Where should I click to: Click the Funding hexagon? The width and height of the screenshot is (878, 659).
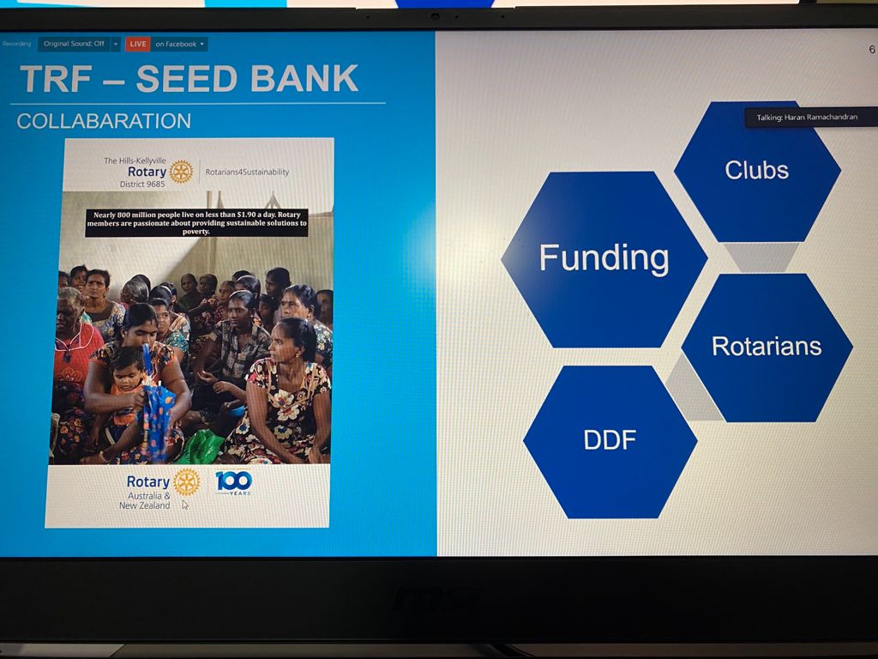[604, 259]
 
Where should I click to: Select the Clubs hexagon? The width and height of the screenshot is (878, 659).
[757, 171]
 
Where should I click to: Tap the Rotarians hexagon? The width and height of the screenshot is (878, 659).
[767, 347]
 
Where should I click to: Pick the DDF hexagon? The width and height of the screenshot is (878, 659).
[610, 441]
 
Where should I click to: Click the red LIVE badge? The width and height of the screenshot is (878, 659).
[138, 45]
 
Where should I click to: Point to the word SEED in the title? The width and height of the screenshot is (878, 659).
[188, 78]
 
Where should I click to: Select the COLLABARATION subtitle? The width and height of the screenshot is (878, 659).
[104, 121]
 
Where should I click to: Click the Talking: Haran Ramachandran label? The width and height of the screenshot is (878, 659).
[807, 117]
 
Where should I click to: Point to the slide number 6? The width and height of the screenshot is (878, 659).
[871, 49]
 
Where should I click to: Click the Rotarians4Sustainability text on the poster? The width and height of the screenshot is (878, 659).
[247, 172]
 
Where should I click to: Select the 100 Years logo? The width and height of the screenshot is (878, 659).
[234, 482]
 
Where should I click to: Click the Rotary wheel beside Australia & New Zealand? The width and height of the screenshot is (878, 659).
[186, 482]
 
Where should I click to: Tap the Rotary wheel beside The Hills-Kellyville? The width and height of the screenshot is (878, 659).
[182, 172]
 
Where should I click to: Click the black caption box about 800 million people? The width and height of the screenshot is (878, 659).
[196, 222]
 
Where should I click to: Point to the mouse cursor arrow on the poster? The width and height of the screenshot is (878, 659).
[185, 505]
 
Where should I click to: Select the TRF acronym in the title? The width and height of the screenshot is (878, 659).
[56, 79]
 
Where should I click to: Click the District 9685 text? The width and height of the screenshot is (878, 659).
[142, 184]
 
